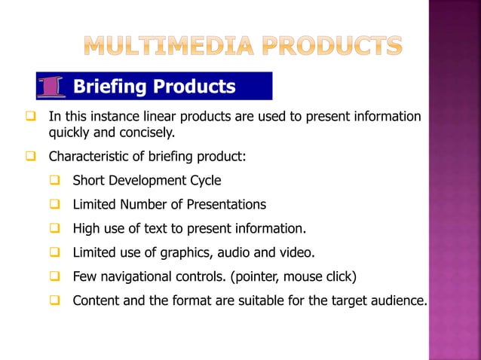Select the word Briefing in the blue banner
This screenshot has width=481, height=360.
point(110,87)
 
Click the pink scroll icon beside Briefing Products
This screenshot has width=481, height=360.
point(51,87)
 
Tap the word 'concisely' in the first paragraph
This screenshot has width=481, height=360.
point(149,133)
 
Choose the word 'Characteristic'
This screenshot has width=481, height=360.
point(91,157)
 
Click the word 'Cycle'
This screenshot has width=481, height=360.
point(204,181)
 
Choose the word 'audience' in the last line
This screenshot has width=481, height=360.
point(397,301)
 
